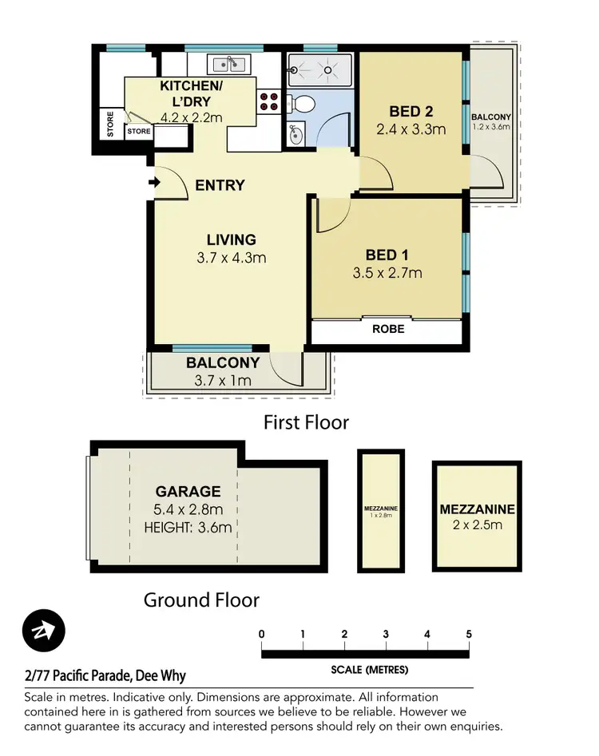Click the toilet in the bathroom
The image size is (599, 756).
click(x=303, y=104)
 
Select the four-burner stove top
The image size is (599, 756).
click(x=269, y=101)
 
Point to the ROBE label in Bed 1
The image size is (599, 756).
click(x=387, y=328)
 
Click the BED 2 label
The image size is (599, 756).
click(x=411, y=111)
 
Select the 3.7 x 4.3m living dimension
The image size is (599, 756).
click(x=231, y=257)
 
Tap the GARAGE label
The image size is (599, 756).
click(x=188, y=491)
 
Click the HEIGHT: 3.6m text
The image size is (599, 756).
click(x=188, y=527)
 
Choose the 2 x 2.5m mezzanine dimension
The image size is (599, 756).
click(x=477, y=524)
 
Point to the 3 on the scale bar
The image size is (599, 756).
click(x=386, y=635)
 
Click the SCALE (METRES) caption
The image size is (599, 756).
click(x=369, y=669)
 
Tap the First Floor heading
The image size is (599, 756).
click(x=306, y=422)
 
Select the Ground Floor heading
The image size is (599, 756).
click(x=201, y=599)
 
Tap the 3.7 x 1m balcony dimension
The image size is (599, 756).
click(x=223, y=380)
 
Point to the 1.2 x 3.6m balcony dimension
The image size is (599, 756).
click(x=491, y=126)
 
